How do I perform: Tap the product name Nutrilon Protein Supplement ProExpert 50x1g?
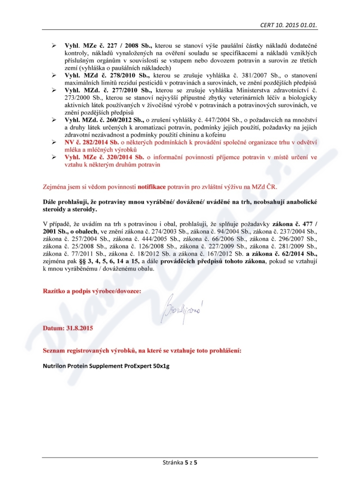(106, 366)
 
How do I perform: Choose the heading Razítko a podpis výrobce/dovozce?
(92, 291)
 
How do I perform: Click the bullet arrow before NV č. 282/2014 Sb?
(54, 142)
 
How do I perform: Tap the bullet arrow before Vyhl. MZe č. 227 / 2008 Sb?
(54, 46)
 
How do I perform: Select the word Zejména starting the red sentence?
(55, 186)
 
